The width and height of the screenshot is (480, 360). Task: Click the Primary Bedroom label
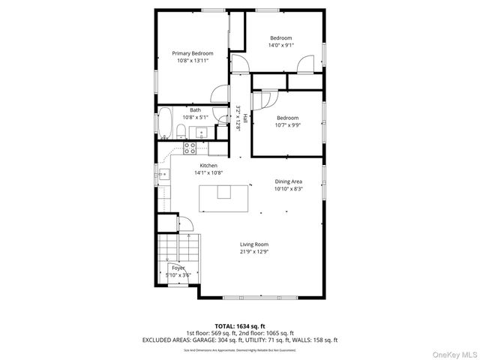pyautogui.click(x=193, y=53)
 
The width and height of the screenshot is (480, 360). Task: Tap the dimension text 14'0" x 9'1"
pyautogui.click(x=280, y=45)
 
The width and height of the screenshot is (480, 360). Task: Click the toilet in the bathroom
pyautogui.click(x=181, y=133)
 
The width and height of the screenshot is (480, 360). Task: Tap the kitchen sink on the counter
pyautogui.click(x=163, y=175)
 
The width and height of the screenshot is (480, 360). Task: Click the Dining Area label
pyautogui.click(x=288, y=181)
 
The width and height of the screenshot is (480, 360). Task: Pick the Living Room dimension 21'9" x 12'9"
pyautogui.click(x=254, y=252)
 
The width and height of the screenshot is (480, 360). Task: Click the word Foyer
pyautogui.click(x=178, y=268)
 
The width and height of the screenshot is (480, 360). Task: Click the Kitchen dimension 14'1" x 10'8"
pyautogui.click(x=208, y=172)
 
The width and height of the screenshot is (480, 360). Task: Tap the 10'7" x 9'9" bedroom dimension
pyautogui.click(x=287, y=125)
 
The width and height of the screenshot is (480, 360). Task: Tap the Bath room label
pyautogui.click(x=194, y=110)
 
